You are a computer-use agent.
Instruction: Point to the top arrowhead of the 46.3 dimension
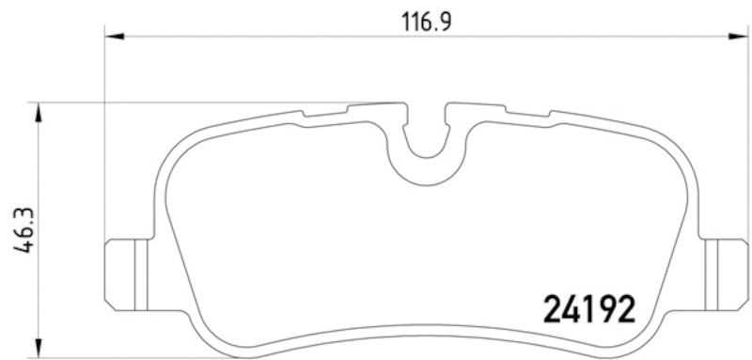point(39,112)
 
